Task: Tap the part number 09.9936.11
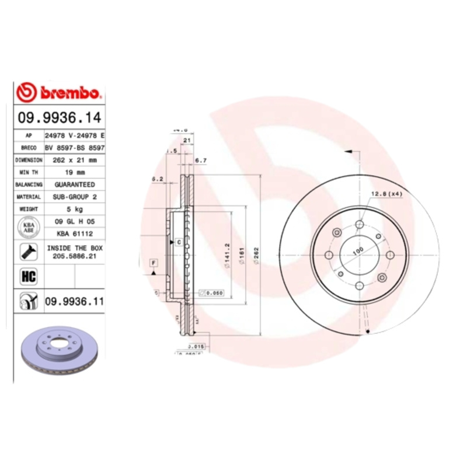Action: pyautogui.click(x=74, y=301)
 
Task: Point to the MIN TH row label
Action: pyautogui.click(x=29, y=172)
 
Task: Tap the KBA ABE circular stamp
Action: pyautogui.click(x=28, y=227)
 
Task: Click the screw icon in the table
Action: pyautogui.click(x=28, y=252)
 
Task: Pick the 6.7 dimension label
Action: pyautogui.click(x=200, y=160)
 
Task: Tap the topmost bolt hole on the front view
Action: pyautogui.click(x=360, y=225)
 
